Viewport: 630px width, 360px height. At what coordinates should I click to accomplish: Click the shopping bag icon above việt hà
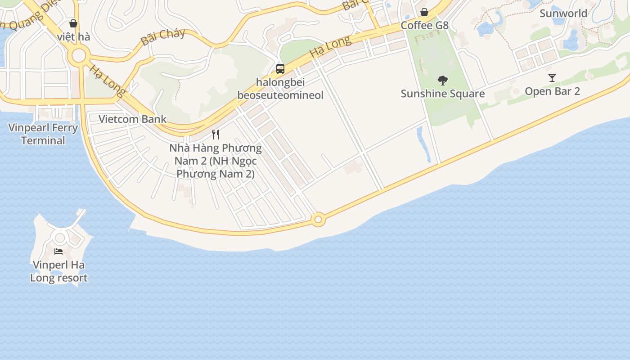pos(73,23)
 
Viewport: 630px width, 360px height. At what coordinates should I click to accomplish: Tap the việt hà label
pos(74,37)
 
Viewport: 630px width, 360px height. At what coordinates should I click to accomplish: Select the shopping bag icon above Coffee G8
pos(424,12)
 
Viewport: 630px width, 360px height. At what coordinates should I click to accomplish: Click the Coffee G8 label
pos(424,25)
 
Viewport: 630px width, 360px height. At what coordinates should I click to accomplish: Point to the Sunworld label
pos(563,13)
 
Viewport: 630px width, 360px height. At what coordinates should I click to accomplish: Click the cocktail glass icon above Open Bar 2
pos(552,78)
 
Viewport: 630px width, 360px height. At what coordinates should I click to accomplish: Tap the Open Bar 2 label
pos(552,91)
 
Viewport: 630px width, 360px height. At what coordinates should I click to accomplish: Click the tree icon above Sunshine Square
pos(443,81)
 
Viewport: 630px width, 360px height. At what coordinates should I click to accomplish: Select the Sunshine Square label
pos(443,94)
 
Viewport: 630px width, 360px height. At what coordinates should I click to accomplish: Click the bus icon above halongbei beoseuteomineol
pos(280,69)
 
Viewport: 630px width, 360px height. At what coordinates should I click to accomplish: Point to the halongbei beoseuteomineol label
pos(280,89)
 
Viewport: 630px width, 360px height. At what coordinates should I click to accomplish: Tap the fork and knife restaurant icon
pos(216,134)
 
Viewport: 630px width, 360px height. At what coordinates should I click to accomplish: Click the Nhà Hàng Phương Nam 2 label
pos(216,161)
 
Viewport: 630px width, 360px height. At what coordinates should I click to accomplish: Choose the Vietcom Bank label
pos(132,119)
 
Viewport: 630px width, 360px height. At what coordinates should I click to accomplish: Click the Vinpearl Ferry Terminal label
pos(43,134)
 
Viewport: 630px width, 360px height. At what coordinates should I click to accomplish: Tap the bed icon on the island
pos(58,251)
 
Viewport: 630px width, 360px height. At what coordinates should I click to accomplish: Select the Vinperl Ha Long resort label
pos(58,271)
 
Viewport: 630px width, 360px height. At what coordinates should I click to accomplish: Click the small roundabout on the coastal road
pos(318,220)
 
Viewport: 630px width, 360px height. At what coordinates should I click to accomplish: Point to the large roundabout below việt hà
pos(79,56)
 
